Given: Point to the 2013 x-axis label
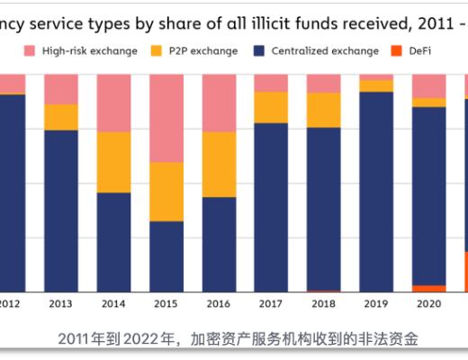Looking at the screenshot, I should (61, 304).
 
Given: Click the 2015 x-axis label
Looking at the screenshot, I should (166, 304).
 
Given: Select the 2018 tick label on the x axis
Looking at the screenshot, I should (323, 304).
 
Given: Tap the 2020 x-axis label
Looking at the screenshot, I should (428, 304).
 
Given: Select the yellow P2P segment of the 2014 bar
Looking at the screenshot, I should (113, 162).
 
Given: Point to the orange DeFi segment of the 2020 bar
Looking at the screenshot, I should (428, 288).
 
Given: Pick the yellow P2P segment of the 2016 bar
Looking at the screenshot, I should (219, 164).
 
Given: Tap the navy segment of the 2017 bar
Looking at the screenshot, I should (271, 207).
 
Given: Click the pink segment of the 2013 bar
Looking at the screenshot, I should (61, 89).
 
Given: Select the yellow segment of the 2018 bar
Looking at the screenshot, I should (323, 110).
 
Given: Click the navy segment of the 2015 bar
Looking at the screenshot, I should (166, 256).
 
